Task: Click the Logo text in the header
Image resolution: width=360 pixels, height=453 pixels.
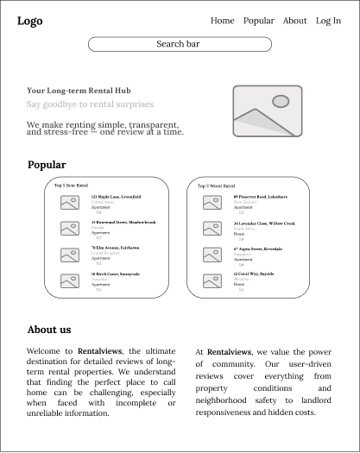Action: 29,21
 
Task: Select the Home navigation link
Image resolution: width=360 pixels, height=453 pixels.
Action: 222,21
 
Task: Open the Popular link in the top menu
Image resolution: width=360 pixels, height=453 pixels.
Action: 258,21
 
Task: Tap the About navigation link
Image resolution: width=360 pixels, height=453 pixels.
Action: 294,21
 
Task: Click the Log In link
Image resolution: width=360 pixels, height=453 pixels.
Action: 328,21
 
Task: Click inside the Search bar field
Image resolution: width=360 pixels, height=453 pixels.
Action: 180,44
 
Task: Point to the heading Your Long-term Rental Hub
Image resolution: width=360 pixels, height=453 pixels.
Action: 79,91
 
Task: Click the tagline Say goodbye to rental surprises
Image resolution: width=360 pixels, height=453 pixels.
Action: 90,104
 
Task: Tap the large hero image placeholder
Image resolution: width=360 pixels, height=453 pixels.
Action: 267,111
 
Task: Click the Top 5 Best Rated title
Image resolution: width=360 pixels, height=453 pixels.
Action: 71,185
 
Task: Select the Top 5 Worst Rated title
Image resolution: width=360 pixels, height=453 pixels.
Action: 216,186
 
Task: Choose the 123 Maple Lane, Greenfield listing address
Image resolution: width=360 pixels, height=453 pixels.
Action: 116,197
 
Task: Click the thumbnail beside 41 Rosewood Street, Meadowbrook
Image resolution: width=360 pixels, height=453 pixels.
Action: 70,228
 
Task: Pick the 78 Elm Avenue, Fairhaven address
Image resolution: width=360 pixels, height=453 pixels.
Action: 115,248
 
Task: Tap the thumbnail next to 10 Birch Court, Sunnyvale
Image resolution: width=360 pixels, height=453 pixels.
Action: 70,280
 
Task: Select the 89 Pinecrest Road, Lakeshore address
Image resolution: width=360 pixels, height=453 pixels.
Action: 260,197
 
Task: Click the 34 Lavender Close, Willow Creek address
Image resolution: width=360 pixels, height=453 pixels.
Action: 263,223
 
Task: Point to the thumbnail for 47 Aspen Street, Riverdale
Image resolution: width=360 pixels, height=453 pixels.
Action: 213,254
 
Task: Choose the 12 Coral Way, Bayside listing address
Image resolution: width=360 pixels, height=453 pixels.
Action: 253,274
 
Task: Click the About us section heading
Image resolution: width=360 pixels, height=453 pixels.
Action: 49,330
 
